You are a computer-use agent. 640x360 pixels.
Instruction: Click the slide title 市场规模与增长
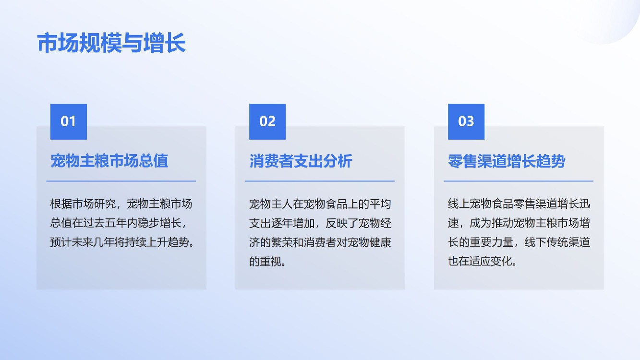coord(111,43)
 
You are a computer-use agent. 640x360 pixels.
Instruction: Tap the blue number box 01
coord(69,122)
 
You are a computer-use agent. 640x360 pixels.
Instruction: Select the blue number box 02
coord(267,122)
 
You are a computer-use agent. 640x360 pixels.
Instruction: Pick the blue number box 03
coord(466,122)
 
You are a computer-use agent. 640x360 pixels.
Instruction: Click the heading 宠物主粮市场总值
coord(109,161)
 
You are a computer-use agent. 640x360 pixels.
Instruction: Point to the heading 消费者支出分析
coord(301,161)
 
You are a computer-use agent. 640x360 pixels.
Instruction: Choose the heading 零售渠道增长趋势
coord(507,161)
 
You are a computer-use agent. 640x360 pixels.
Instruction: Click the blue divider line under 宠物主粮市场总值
coord(121,181)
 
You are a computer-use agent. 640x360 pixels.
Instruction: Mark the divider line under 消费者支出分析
coord(320,181)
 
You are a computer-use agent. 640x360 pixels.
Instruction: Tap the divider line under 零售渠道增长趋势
coord(519,181)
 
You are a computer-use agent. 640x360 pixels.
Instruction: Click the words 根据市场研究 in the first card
coord(83,204)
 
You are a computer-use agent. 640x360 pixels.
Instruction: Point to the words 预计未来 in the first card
coord(72,242)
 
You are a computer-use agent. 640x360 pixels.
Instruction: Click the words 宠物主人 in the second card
coord(271,204)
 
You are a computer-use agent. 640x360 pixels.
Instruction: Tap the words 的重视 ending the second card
coord(266,262)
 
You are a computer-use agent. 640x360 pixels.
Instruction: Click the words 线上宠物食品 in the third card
coord(481,204)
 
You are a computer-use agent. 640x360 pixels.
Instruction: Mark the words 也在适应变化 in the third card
coord(481,262)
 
